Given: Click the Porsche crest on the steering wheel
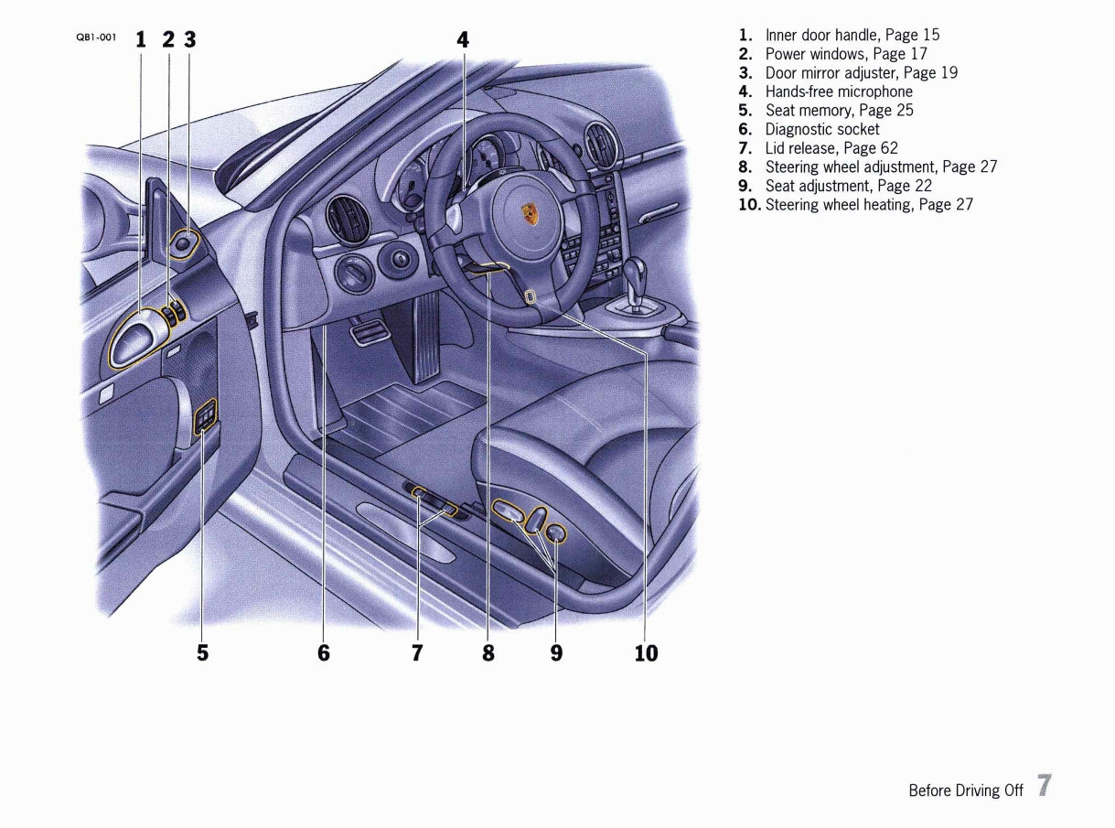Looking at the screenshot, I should (530, 215).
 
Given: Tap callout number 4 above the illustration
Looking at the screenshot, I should (463, 39).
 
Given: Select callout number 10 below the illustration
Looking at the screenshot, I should (646, 652).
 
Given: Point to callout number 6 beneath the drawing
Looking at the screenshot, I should (324, 652).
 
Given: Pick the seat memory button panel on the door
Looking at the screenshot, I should (207, 419).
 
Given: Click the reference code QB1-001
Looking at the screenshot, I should (96, 38).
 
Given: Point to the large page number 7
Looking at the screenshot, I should (1044, 787).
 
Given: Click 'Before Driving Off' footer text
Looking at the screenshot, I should (965, 790).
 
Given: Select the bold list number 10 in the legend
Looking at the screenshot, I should (749, 205).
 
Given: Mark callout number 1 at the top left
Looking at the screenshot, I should (140, 39).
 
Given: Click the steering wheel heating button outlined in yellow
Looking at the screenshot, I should (531, 296).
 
